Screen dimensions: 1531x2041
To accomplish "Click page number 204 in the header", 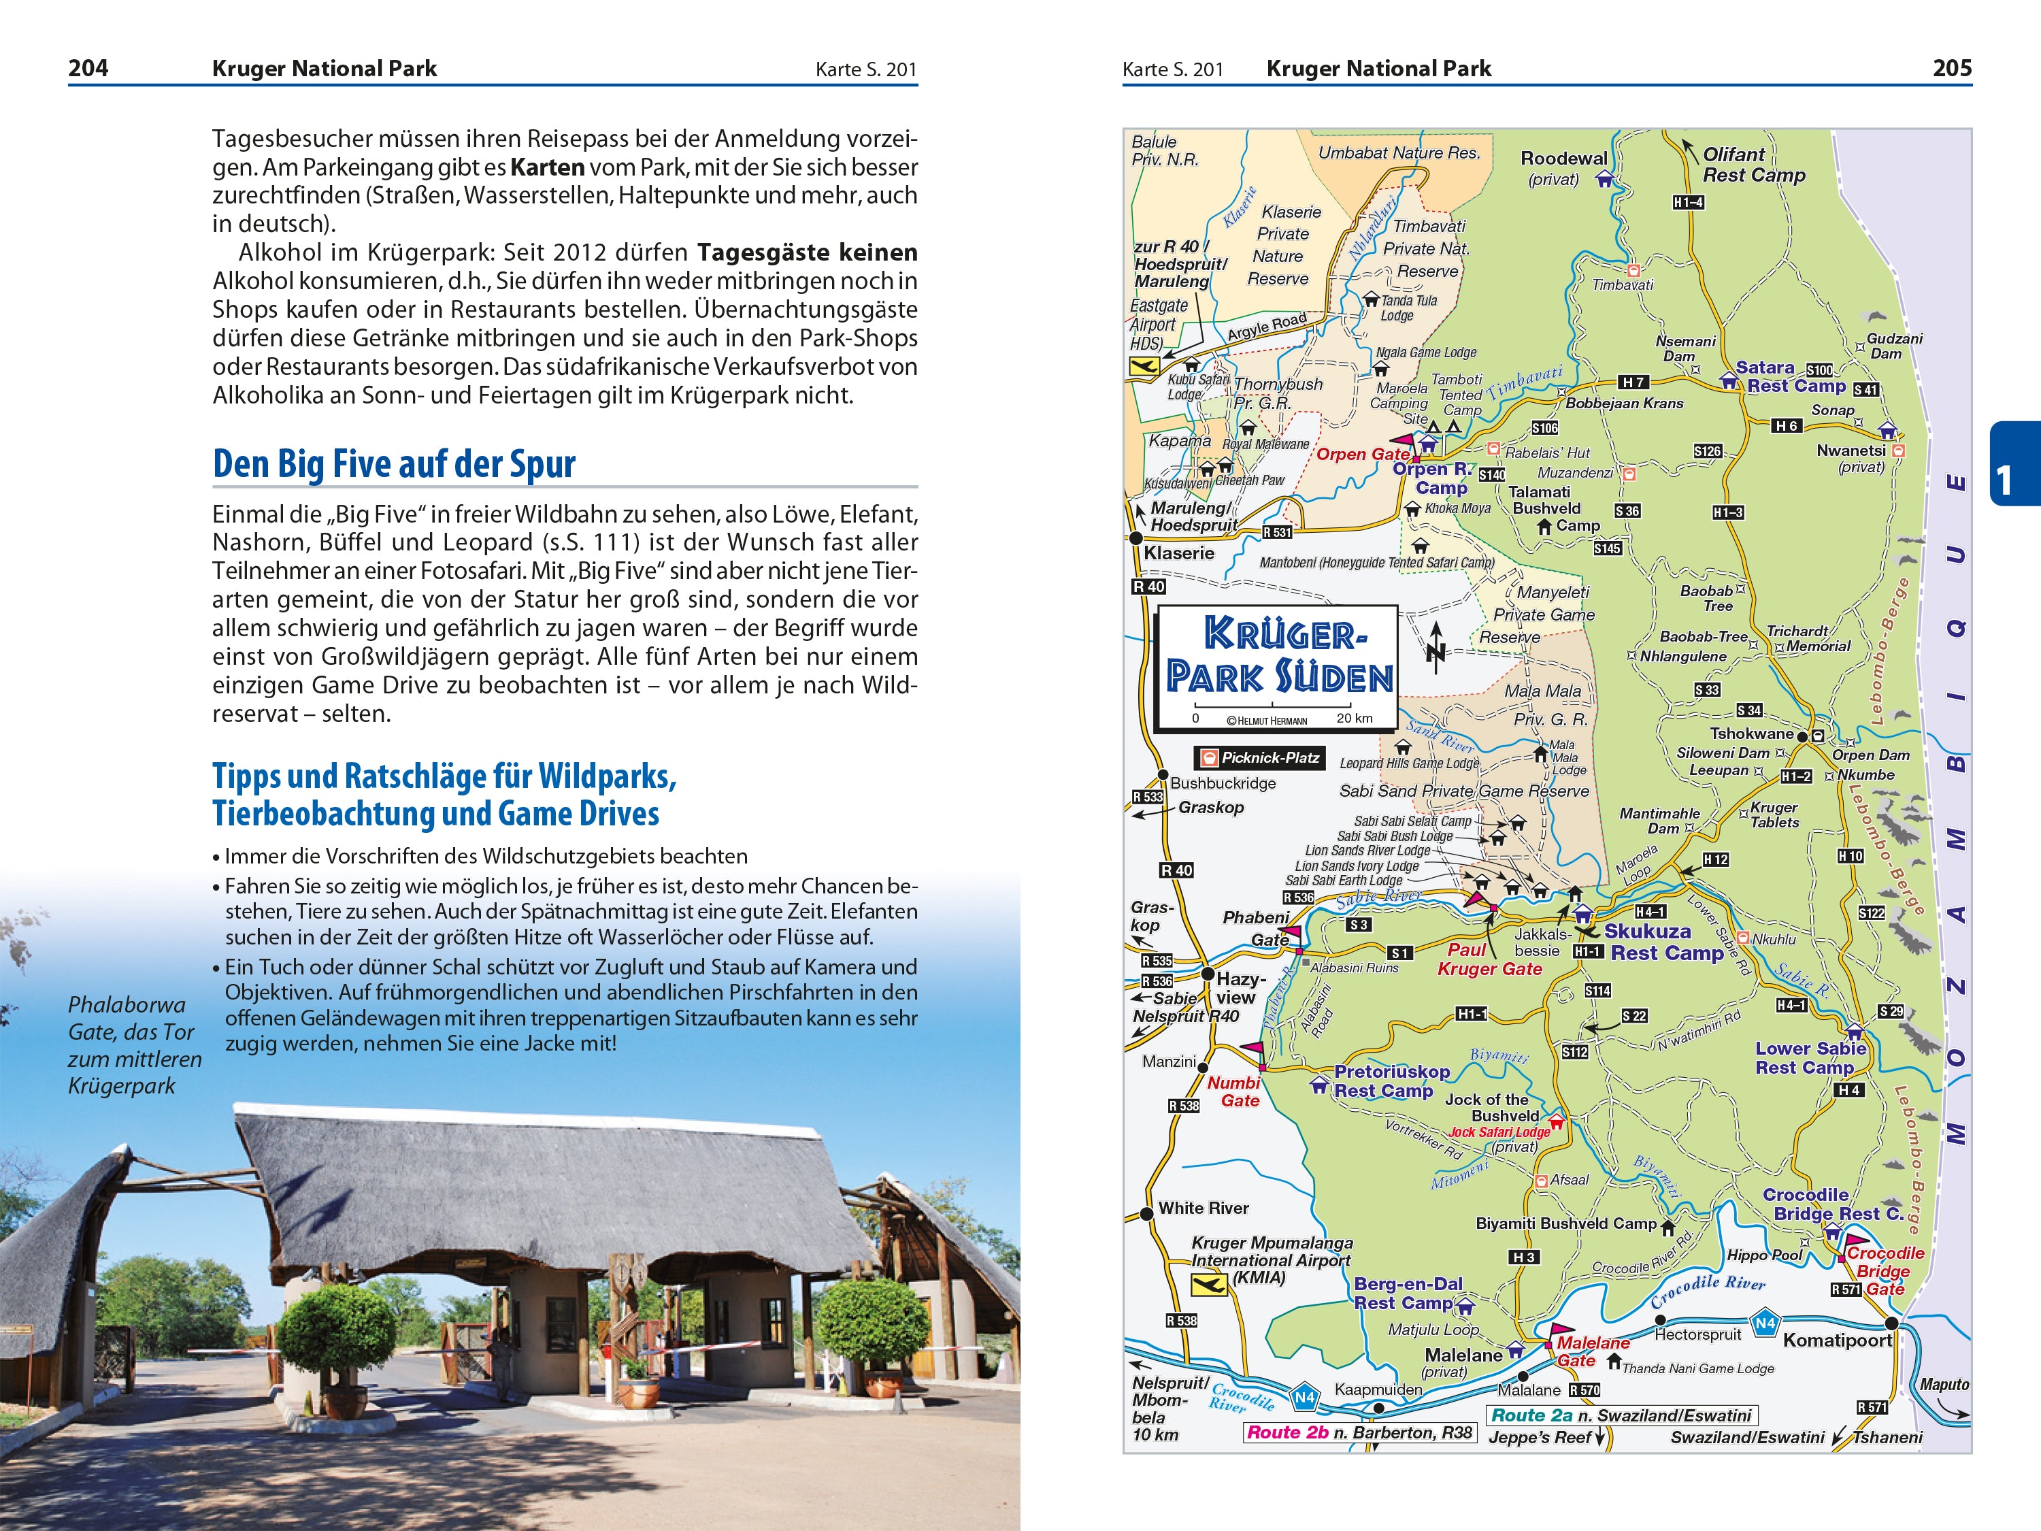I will tap(88, 68).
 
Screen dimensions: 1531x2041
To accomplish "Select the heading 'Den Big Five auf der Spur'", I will tap(394, 463).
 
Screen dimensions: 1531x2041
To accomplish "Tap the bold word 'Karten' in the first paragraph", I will tap(547, 167).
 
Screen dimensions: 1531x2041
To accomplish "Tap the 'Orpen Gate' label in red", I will tap(1362, 454).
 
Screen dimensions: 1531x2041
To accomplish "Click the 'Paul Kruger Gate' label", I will tap(1489, 959).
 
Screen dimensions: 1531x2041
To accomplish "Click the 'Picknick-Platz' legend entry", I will tap(1259, 757).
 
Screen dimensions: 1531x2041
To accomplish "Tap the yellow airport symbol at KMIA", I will tap(1209, 1284).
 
